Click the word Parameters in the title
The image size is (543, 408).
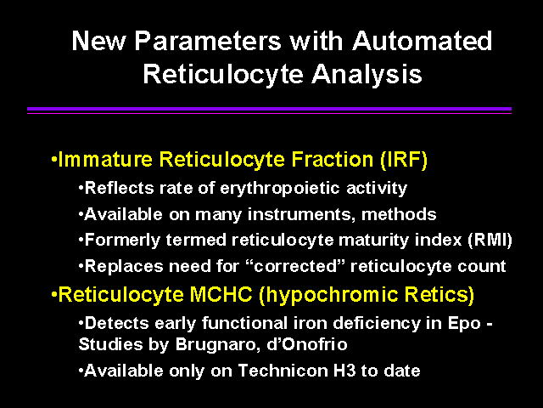208,41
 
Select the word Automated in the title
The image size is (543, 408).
423,41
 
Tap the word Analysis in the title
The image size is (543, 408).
367,74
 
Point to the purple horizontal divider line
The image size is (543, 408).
270,110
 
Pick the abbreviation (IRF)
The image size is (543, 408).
404,160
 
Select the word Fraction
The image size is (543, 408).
332,159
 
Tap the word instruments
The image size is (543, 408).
301,214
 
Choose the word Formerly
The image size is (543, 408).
122,240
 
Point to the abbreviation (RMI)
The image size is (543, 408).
490,240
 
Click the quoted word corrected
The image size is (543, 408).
295,266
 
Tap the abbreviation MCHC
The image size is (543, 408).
221,295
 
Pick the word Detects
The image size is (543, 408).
117,323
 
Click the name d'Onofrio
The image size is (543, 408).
307,344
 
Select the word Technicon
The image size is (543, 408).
283,371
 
